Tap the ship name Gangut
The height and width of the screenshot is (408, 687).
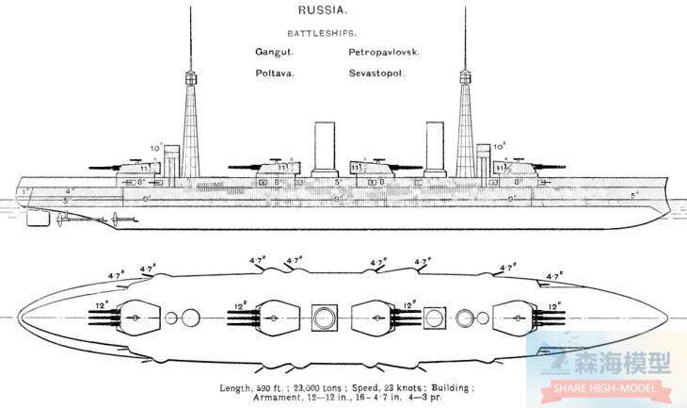click(x=274, y=54)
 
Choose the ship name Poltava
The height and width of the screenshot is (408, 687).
click(x=274, y=74)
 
